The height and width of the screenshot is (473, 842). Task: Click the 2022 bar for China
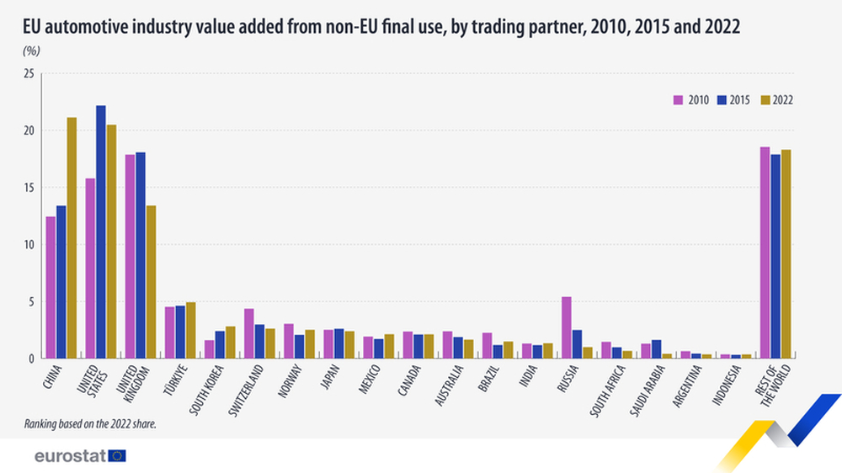(x=72, y=238)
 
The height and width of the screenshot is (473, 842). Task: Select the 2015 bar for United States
(x=101, y=232)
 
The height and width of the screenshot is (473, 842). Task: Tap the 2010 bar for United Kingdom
(x=130, y=257)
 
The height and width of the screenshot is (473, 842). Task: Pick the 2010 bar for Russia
(x=567, y=327)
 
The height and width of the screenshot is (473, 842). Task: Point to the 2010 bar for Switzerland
(x=249, y=333)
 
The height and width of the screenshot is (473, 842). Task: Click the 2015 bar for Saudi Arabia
(x=656, y=349)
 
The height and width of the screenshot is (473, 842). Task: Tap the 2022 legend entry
(x=776, y=99)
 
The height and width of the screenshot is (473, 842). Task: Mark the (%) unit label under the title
(x=32, y=51)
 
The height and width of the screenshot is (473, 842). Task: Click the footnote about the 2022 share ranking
(x=91, y=423)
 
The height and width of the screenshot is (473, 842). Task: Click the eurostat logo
(x=80, y=455)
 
